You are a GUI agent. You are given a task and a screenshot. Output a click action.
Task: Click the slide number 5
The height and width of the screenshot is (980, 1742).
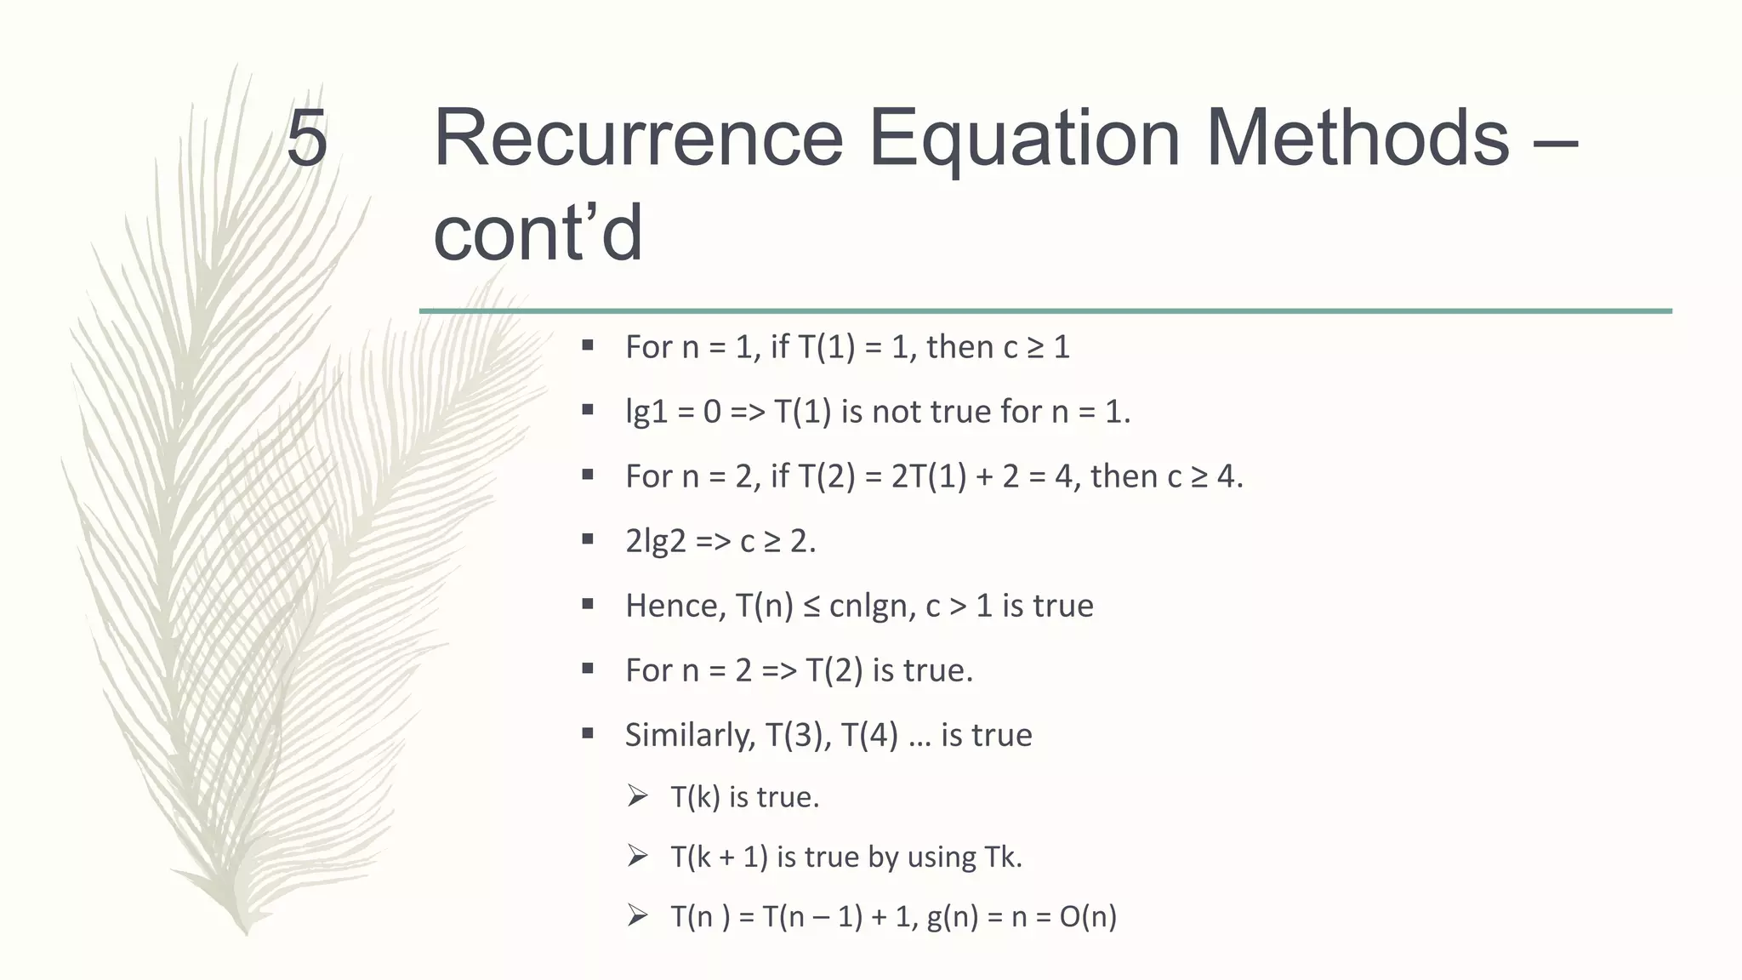point(306,138)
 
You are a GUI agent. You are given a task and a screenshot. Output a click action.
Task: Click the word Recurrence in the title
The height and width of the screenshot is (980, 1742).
point(638,138)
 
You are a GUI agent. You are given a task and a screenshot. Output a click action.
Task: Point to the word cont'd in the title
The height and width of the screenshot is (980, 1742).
point(538,233)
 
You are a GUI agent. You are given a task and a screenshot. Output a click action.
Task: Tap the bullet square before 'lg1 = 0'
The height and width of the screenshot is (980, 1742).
point(587,410)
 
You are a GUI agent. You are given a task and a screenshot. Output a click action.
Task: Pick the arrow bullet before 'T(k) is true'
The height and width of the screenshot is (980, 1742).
point(637,796)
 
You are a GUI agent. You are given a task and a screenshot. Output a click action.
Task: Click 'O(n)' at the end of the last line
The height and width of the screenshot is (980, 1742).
point(1088,916)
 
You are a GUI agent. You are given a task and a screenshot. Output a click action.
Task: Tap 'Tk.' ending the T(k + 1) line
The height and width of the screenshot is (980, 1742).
point(1003,857)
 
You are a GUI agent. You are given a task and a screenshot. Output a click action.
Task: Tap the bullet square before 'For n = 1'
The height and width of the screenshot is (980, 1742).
point(587,345)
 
